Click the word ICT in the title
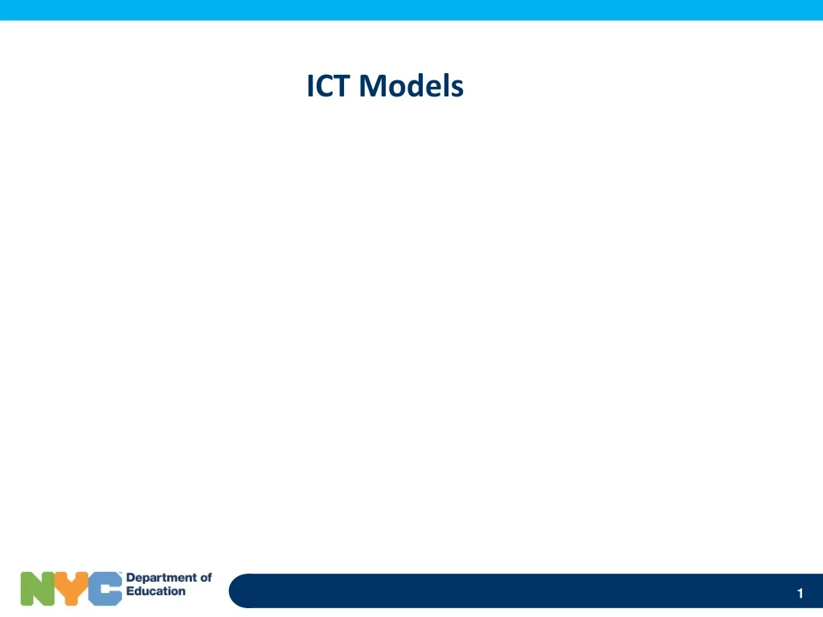[x=330, y=85]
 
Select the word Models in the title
[x=411, y=85]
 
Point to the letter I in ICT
[x=310, y=85]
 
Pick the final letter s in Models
[x=457, y=88]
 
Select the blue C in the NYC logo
[x=105, y=588]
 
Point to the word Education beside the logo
[x=156, y=591]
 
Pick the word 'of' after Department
[x=205, y=578]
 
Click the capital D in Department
[x=131, y=578]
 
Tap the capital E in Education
[x=130, y=591]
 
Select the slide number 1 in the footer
[x=800, y=594]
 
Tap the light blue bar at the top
[x=411, y=10]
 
